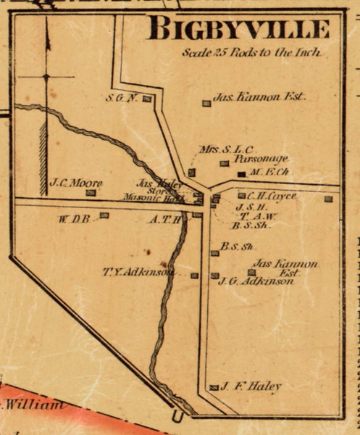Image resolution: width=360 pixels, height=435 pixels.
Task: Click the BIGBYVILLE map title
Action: [x=238, y=29]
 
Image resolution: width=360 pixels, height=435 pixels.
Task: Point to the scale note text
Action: [x=251, y=53]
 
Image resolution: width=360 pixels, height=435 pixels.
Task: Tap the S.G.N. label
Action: [x=121, y=98]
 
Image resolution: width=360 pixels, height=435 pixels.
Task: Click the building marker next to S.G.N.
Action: [x=146, y=99]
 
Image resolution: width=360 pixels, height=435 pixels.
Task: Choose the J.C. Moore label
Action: [x=75, y=183]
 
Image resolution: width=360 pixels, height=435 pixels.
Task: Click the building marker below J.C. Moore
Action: [x=91, y=193]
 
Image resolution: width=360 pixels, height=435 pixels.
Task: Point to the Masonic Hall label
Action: [x=162, y=198]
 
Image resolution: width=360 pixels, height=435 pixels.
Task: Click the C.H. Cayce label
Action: [x=272, y=196]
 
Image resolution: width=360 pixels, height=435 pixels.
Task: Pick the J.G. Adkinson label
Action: [x=256, y=281]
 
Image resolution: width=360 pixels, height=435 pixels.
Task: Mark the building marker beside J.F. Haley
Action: [x=214, y=388]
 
